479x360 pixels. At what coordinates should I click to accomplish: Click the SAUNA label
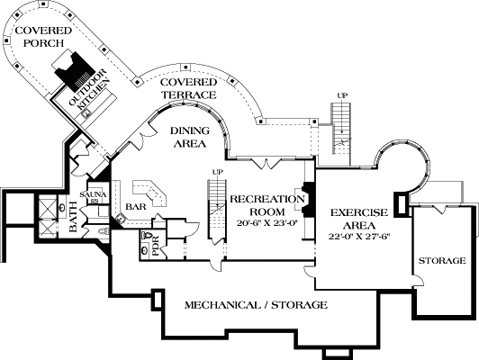(x=93, y=194)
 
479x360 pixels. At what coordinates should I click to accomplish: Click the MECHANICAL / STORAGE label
(x=256, y=305)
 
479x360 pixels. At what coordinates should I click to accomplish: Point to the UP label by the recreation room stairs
(x=216, y=171)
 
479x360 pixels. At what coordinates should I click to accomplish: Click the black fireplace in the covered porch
(x=72, y=67)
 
